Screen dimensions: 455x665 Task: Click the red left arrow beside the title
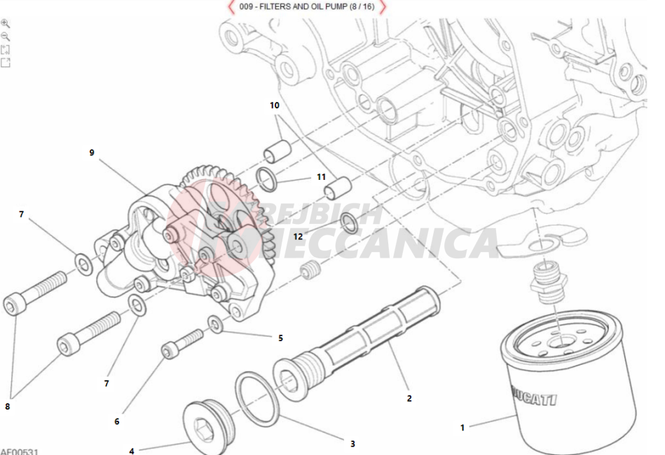pyautogui.click(x=231, y=7)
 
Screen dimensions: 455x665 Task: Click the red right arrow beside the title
pyautogui.click(x=383, y=7)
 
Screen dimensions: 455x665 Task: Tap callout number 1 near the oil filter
pyautogui.click(x=462, y=427)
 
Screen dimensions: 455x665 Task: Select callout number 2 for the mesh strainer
pyautogui.click(x=409, y=398)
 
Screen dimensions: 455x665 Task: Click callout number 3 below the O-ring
pyautogui.click(x=352, y=443)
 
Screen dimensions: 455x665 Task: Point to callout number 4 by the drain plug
pyautogui.click(x=132, y=451)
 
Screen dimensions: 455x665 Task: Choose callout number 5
pyautogui.click(x=280, y=338)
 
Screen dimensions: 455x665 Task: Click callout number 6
pyautogui.click(x=117, y=421)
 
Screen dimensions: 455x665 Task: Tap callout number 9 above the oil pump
pyautogui.click(x=92, y=152)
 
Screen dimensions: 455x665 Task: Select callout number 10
pyautogui.click(x=275, y=105)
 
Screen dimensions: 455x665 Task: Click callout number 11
pyautogui.click(x=322, y=177)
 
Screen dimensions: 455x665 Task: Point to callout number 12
pyautogui.click(x=298, y=236)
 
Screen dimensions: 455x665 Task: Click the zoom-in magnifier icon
pyautogui.click(x=6, y=23)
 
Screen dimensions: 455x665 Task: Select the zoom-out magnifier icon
pyautogui.click(x=6, y=36)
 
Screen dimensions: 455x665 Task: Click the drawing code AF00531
pyautogui.click(x=19, y=450)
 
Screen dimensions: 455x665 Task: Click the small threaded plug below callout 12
pyautogui.click(x=310, y=269)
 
